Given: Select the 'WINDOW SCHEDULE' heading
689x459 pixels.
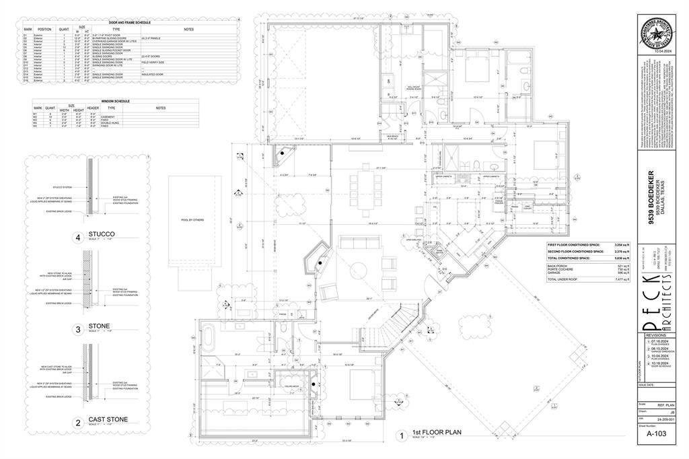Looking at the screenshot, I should click(x=116, y=101).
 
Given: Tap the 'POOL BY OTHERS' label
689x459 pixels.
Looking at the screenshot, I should click(x=192, y=220).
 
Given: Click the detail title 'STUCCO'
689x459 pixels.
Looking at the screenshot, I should click(x=102, y=234).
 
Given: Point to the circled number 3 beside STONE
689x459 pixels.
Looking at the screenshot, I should click(x=78, y=329).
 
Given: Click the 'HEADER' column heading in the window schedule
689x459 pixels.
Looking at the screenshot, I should click(x=94, y=108).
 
